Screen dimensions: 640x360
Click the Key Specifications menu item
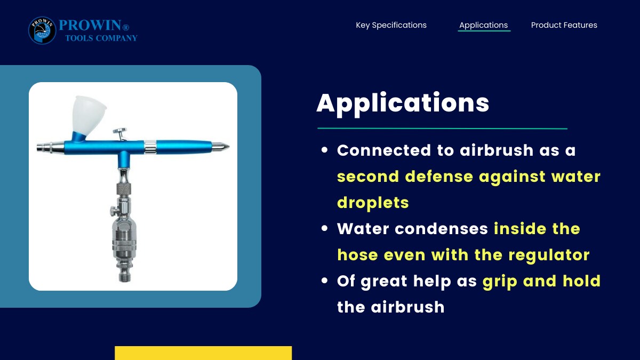tap(391, 25)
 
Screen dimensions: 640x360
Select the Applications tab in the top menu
tap(483, 25)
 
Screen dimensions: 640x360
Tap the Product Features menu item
tap(564, 25)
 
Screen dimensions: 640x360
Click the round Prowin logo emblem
tap(42, 30)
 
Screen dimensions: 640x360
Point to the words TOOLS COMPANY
tap(101, 38)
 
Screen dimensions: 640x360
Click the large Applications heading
tap(403, 103)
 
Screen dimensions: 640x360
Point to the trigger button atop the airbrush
tap(119, 131)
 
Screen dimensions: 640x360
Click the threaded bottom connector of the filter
tap(125, 277)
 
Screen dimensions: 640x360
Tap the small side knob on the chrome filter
tap(114, 211)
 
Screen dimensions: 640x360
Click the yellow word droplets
tap(373, 203)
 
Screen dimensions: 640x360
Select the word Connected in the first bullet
tap(383, 150)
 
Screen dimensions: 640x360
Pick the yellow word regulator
tap(549, 255)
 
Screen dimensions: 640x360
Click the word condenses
tap(441, 229)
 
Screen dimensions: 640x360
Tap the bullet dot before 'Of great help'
tap(324, 281)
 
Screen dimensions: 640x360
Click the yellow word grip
tap(500, 282)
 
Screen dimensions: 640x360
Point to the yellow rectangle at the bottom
tap(203, 353)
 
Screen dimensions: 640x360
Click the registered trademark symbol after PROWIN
tap(126, 27)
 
